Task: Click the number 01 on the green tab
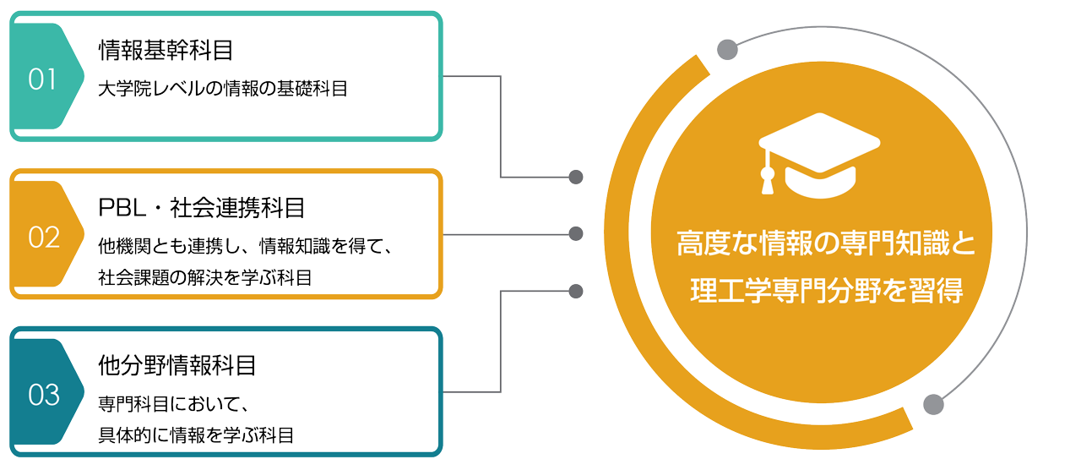coord(41,79)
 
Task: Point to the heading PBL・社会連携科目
coord(201,207)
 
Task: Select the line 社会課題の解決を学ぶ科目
coord(204,276)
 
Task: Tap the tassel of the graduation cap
coord(767,178)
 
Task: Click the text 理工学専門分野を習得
coord(826,291)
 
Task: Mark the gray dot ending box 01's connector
coord(576,177)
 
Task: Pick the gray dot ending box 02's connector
coord(576,233)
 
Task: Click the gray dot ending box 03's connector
coord(576,292)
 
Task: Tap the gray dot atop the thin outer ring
coord(727,50)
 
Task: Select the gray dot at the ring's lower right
coord(932,404)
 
